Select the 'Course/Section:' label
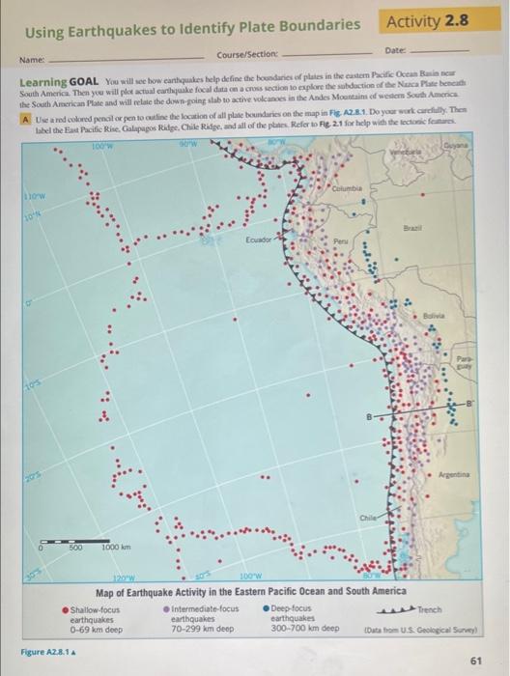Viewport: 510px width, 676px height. [248, 54]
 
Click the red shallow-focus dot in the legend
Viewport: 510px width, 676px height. [66, 609]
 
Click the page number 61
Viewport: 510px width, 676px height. [475, 661]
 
